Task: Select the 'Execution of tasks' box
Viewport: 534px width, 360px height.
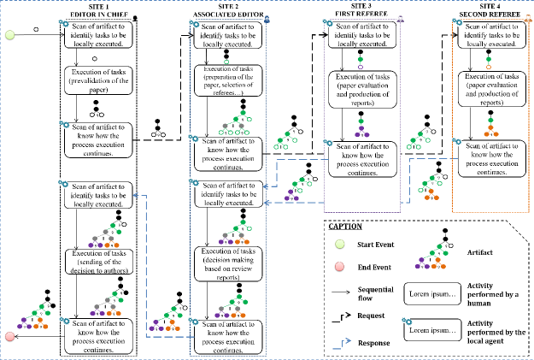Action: pos(361,90)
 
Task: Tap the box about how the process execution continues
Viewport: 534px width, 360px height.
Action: pos(361,159)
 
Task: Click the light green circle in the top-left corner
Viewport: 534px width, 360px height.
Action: pos(10,35)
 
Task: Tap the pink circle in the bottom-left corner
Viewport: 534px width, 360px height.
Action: pos(9,336)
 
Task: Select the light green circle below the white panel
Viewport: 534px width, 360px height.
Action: pos(340,245)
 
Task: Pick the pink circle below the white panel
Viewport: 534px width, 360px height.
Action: pos(339,266)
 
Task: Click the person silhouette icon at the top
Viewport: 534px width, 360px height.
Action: pos(135,17)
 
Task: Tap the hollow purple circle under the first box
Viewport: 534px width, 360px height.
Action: pos(361,67)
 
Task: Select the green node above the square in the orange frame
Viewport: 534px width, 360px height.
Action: pos(489,60)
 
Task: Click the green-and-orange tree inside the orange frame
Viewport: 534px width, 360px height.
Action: pos(490,128)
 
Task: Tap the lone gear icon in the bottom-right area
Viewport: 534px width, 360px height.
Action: pos(407,320)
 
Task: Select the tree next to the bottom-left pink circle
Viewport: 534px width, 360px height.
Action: pos(34,318)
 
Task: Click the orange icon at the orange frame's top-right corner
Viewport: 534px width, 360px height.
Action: pos(527,18)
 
